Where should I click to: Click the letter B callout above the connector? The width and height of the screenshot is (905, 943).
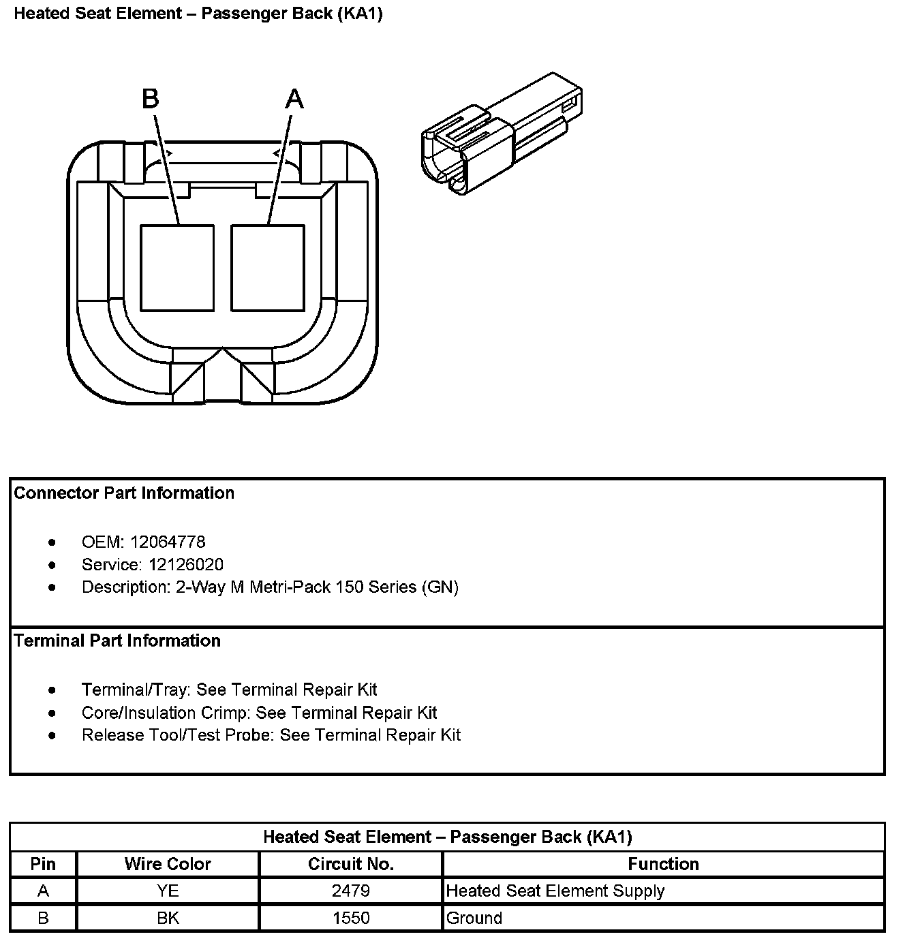pyautogui.click(x=151, y=99)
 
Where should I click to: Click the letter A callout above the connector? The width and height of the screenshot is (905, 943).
pyautogui.click(x=294, y=99)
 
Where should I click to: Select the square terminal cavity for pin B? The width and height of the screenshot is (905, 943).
pyautogui.click(x=177, y=268)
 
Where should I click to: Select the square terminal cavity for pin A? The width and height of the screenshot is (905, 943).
pyautogui.click(x=268, y=268)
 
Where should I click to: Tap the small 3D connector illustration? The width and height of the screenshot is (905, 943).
pyautogui.click(x=502, y=135)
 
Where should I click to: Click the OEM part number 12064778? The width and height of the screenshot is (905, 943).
pyautogui.click(x=168, y=542)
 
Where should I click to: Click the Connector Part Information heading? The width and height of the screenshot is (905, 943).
pyautogui.click(x=124, y=493)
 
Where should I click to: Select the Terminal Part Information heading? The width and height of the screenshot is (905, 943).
pyautogui.click(x=117, y=641)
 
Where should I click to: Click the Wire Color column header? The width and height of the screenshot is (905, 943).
pyautogui.click(x=168, y=864)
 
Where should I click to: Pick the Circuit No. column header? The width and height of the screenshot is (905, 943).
pyautogui.click(x=351, y=864)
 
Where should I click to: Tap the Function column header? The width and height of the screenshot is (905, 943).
pyautogui.click(x=663, y=864)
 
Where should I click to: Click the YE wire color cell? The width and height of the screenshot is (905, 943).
pyautogui.click(x=168, y=891)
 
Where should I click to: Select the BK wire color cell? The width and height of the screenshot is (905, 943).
pyautogui.click(x=168, y=918)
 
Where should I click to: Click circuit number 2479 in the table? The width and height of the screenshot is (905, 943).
pyautogui.click(x=351, y=891)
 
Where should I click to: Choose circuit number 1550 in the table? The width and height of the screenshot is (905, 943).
pyautogui.click(x=351, y=918)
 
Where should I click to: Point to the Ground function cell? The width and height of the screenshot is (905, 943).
pyautogui.click(x=474, y=918)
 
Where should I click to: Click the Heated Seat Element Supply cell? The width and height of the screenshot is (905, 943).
pyautogui.click(x=555, y=891)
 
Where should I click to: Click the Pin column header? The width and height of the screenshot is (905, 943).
pyautogui.click(x=43, y=864)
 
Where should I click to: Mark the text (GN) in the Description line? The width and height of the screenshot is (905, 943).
pyautogui.click(x=440, y=587)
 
